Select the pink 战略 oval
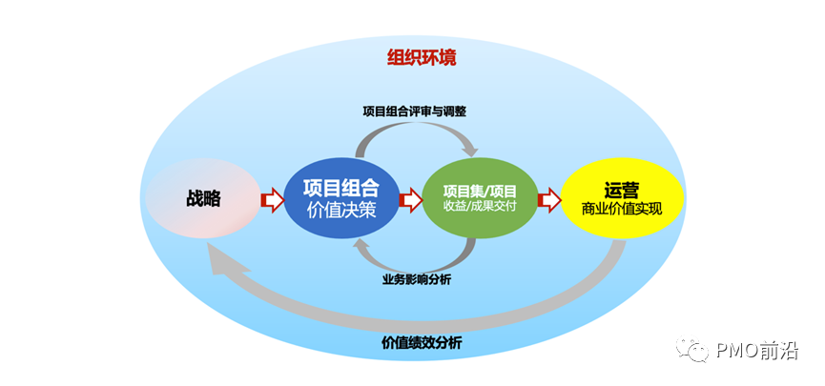point(204,199)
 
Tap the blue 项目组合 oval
point(340,199)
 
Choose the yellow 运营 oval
point(621,199)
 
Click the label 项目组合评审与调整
point(414,111)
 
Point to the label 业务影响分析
point(417,279)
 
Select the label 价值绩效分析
point(420,343)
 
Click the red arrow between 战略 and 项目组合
point(272,200)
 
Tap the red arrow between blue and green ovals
point(410,200)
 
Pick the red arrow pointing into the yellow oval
point(549,200)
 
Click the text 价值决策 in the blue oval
point(340,211)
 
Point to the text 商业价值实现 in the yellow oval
point(621,210)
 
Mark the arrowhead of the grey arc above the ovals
point(468,149)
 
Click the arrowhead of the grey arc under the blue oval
point(363,246)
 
